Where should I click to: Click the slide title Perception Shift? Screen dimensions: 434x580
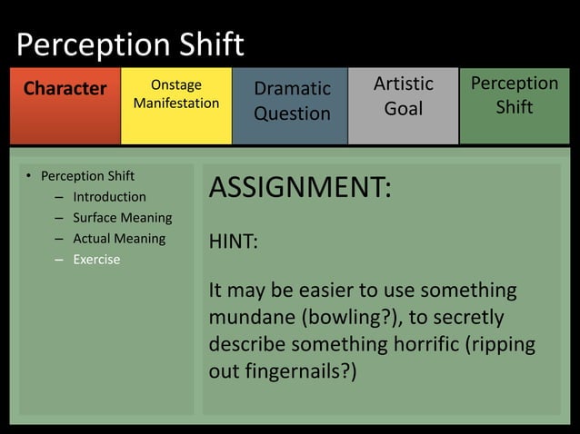[130, 44]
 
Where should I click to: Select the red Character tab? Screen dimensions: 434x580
[65, 89]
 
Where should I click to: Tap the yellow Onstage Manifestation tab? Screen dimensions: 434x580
[176, 94]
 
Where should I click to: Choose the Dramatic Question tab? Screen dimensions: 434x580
[291, 101]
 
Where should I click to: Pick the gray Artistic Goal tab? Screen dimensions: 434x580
[404, 95]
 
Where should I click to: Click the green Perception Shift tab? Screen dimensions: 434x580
[514, 94]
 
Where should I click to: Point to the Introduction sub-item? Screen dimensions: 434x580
[109, 197]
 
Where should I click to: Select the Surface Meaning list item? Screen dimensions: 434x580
[122, 218]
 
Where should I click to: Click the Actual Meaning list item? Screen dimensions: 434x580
[119, 239]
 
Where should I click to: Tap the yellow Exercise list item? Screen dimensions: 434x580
[96, 260]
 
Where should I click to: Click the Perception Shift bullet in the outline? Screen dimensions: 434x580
[87, 175]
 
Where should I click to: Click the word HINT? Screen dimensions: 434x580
[234, 242]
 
